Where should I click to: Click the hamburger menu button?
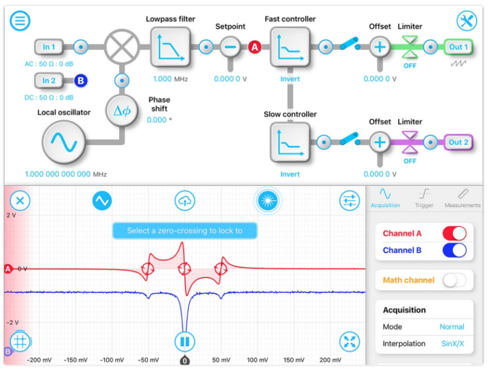point(20,20)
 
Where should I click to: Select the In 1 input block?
point(48,47)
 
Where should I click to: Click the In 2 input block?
point(48,80)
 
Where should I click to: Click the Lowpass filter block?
point(171,47)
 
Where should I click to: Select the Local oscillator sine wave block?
point(63,143)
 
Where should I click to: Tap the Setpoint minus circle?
point(231,47)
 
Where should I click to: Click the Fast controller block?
point(290,47)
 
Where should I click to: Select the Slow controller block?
point(290,142)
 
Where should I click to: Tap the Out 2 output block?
point(458,142)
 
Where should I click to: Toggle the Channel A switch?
point(454,233)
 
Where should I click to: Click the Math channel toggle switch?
point(454,280)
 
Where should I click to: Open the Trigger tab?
point(423,198)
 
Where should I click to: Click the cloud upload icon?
point(185,200)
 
